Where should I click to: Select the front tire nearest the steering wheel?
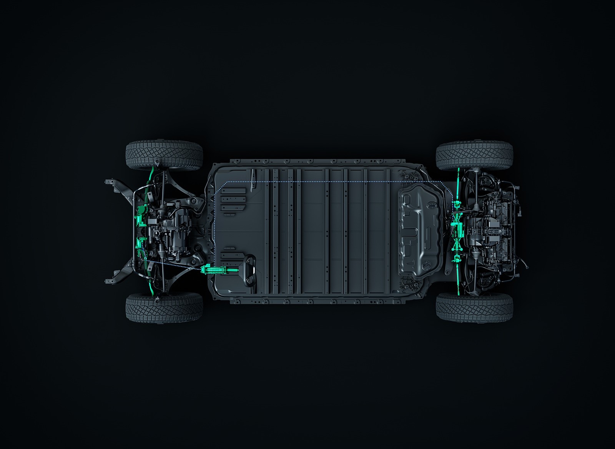click(164, 307)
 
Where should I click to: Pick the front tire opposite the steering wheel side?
click(164, 155)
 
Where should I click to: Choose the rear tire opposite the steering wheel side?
click(474, 155)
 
